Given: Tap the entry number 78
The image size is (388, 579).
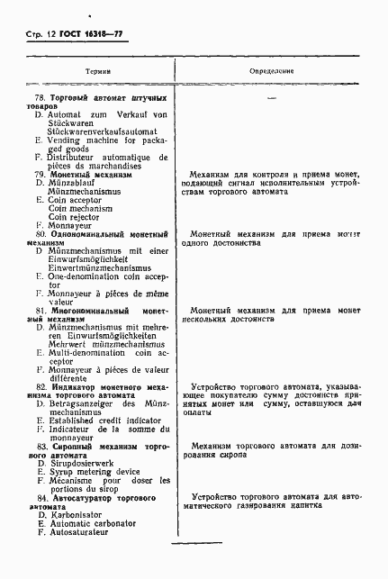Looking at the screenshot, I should (x=39, y=96).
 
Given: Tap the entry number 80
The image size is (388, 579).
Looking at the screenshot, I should (x=39, y=233).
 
